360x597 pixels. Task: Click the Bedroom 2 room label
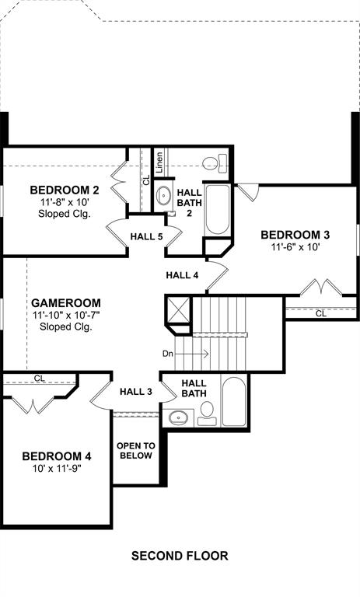(x=65, y=190)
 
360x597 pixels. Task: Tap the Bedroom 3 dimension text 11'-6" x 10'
(x=295, y=246)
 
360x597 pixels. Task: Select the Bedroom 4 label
(x=57, y=456)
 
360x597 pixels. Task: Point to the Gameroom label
(x=66, y=303)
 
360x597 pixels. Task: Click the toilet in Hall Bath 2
(x=215, y=163)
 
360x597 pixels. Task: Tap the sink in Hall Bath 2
(x=164, y=196)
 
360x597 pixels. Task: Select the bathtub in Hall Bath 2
(x=218, y=210)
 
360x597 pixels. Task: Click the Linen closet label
(x=159, y=162)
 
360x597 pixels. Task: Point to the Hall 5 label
(x=147, y=236)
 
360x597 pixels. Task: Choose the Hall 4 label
(x=182, y=275)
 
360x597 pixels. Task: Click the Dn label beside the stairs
(x=168, y=354)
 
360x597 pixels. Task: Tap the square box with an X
(x=177, y=310)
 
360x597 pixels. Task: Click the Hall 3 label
(x=136, y=392)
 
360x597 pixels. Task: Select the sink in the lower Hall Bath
(x=178, y=418)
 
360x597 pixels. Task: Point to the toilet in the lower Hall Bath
(x=207, y=413)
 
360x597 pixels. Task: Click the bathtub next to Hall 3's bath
(x=233, y=402)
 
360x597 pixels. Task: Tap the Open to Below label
(x=136, y=451)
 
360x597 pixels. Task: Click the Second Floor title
(x=180, y=556)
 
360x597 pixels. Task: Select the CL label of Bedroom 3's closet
(x=321, y=314)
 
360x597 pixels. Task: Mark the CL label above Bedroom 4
(x=40, y=379)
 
